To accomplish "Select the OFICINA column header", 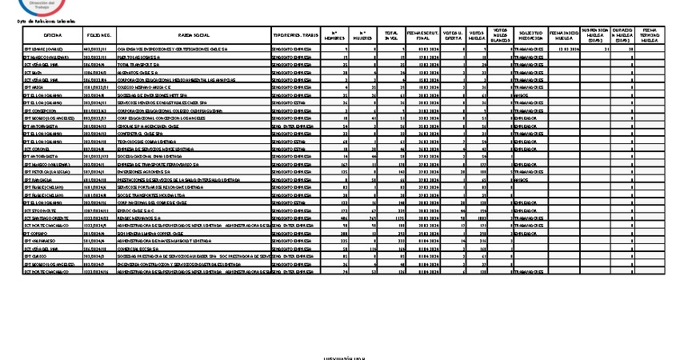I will click(54, 35).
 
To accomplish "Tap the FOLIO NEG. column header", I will click(98, 35).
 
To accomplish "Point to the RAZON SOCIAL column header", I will click(190, 35).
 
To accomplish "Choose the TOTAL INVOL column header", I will click(390, 35).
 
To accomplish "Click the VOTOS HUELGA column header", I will click(478, 35).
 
